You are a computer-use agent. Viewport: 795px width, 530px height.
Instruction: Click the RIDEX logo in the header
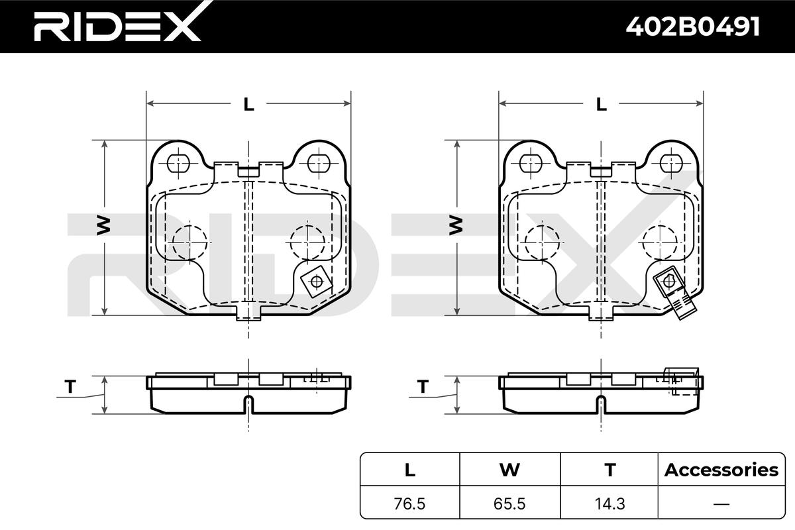117,26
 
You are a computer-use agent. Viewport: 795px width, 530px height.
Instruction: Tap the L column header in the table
410,470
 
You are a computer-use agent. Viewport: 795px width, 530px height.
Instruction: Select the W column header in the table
509,470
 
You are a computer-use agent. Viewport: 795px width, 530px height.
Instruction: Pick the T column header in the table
609,470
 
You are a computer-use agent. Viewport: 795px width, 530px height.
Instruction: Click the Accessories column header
721,470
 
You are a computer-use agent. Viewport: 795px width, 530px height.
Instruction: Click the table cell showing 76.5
410,503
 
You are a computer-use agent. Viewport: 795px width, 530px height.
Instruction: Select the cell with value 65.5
509,503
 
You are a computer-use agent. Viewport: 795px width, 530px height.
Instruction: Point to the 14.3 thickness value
609,503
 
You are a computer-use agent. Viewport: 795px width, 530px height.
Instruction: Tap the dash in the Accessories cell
721,503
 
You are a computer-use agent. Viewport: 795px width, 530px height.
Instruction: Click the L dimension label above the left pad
248,104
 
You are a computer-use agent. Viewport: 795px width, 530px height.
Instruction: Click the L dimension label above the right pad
601,104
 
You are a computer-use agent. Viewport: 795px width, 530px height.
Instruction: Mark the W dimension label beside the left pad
104,227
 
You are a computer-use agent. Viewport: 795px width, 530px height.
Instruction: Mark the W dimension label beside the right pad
456,227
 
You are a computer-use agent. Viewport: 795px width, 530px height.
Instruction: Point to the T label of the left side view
69,386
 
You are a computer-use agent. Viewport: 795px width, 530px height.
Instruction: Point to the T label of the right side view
421,386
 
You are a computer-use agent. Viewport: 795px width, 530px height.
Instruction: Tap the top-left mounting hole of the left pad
178,162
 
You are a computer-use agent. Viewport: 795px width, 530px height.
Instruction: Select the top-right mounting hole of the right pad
672,162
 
